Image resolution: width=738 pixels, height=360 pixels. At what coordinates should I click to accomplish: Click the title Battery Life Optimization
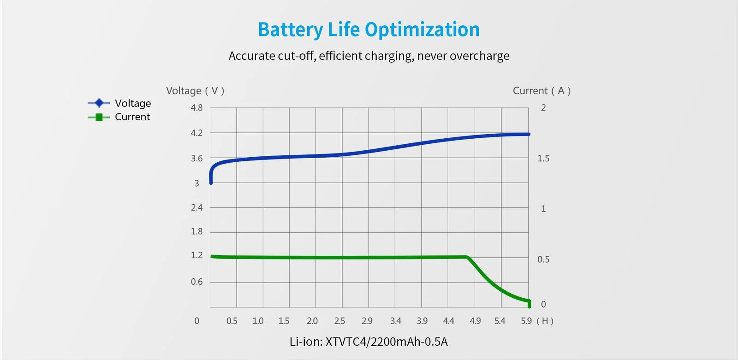[x=369, y=30]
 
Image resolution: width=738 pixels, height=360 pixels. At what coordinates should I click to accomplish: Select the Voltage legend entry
[x=132, y=103]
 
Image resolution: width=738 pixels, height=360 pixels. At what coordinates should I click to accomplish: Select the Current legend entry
[x=132, y=117]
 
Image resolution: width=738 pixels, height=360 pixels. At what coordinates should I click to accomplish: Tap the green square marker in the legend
[x=99, y=117]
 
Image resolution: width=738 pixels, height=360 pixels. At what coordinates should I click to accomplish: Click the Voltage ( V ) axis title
[x=195, y=91]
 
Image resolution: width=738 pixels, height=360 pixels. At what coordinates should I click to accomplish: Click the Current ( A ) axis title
[x=542, y=91]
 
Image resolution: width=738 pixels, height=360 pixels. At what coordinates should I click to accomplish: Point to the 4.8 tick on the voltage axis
[x=196, y=108]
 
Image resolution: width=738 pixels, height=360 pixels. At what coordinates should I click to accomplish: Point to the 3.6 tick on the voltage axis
[x=196, y=159]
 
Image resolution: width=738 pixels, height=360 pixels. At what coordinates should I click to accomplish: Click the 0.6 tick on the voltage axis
[x=196, y=282]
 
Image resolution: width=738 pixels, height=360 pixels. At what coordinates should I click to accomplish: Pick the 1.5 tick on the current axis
[x=543, y=159]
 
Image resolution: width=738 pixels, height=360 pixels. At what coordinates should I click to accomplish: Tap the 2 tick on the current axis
[x=543, y=108]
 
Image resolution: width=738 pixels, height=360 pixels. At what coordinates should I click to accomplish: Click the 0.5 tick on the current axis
[x=543, y=260]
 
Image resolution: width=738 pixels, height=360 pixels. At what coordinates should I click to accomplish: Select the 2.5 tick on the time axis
[x=339, y=321]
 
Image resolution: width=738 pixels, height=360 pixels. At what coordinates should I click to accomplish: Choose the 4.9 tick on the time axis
[x=475, y=321]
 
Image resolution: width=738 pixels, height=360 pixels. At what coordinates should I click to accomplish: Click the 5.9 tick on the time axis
[x=526, y=321]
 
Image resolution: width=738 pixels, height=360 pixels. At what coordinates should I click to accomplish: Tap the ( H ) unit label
[x=545, y=321]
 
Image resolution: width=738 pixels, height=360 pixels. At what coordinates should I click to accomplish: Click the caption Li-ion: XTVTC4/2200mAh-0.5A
[x=369, y=342]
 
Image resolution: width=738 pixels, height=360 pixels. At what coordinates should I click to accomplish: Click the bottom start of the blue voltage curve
[x=211, y=183]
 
